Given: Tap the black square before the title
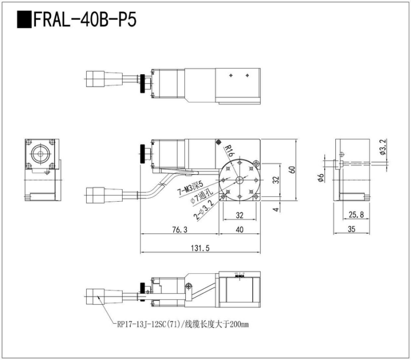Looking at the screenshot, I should [23, 20].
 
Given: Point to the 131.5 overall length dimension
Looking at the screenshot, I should [200, 248].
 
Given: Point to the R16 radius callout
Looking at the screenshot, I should [229, 150].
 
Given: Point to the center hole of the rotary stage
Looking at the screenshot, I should [240, 181].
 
